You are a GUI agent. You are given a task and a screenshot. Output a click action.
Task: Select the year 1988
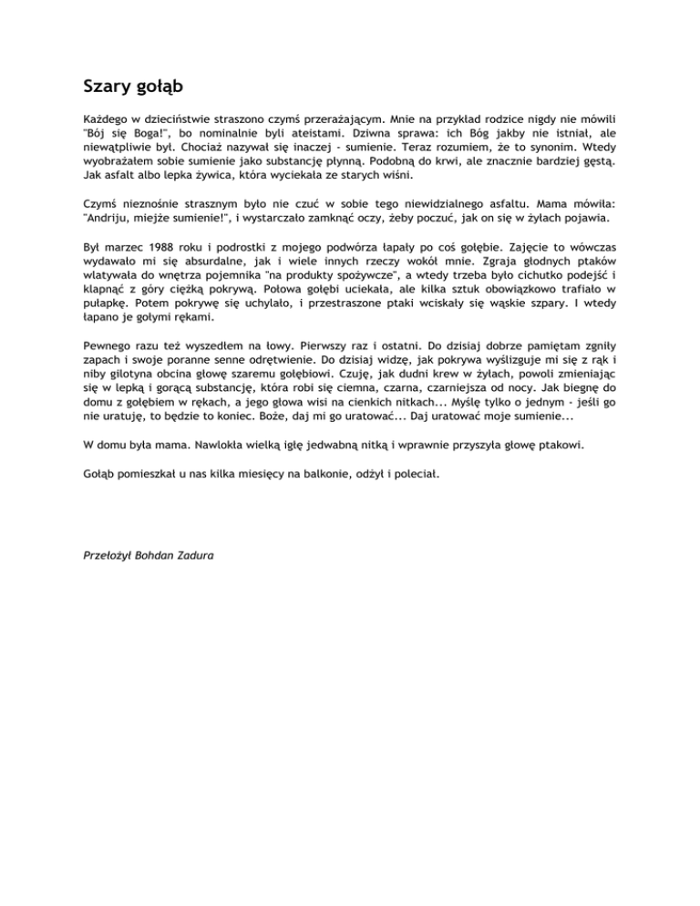tap(153, 245)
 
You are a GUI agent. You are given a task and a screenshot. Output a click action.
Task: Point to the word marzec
tap(118, 245)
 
